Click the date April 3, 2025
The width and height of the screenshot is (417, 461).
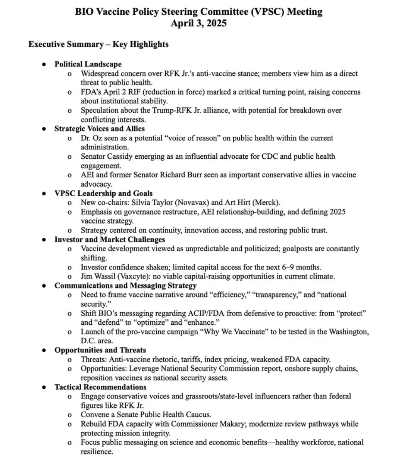(x=198, y=23)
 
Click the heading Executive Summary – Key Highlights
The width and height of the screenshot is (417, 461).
(x=98, y=44)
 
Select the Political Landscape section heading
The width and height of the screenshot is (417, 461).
(x=88, y=64)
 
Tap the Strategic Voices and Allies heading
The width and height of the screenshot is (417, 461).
(x=99, y=129)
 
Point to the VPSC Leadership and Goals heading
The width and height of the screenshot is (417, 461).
(x=103, y=193)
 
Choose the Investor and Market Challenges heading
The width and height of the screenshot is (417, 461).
(x=110, y=239)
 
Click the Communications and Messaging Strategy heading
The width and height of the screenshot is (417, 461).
(x=125, y=285)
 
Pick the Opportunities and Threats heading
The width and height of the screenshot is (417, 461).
(x=100, y=350)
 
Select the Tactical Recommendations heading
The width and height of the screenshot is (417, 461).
(x=100, y=387)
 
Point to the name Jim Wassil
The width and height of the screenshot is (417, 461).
(x=98, y=276)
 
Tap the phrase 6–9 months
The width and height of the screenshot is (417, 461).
(x=293, y=267)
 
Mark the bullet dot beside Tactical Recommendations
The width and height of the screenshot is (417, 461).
(x=44, y=387)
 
